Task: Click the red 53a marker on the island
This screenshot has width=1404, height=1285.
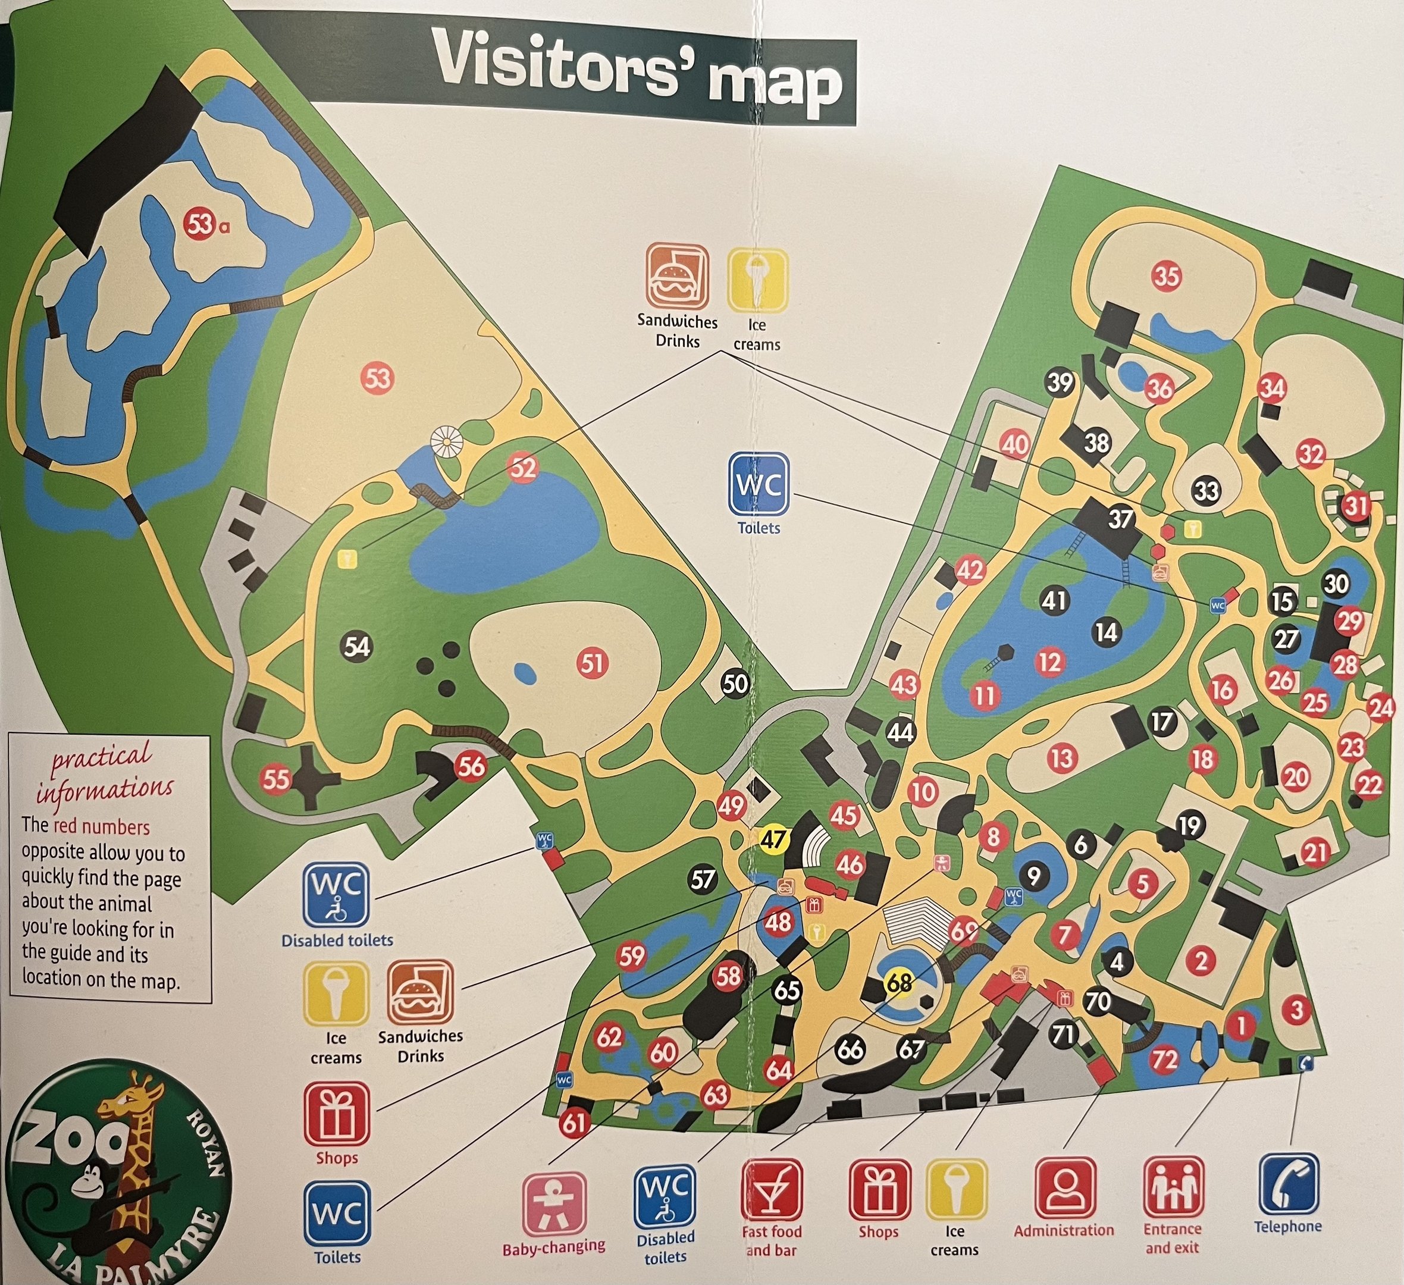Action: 199,224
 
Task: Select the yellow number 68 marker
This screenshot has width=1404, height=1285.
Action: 899,983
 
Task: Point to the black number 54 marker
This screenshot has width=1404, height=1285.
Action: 356,647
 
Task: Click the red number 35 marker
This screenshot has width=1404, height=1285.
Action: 1167,277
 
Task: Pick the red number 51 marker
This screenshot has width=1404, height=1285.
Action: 593,662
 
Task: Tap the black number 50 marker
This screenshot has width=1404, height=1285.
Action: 735,684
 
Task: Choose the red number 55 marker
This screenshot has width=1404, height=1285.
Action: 276,779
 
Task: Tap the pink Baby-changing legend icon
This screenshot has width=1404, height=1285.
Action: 554,1203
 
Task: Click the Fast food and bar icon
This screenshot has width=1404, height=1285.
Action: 772,1190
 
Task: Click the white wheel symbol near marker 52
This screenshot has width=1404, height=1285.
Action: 446,441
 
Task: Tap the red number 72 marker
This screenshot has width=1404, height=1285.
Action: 1164,1060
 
